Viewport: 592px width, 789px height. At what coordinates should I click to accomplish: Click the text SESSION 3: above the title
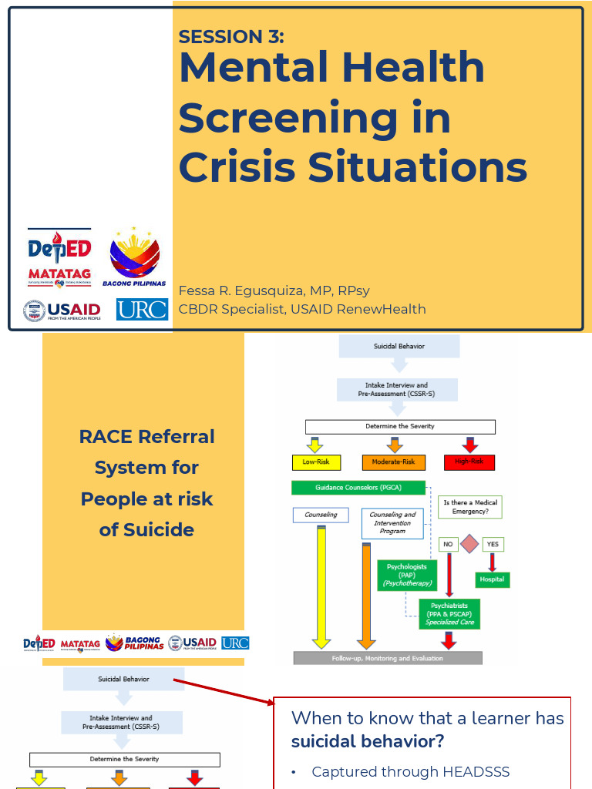pos(231,36)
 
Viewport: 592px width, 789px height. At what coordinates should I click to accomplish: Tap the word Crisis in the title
pos(238,166)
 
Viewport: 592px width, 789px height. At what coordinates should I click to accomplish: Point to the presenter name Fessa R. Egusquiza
pos(242,291)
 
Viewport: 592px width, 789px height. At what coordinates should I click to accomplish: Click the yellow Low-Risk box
pos(316,462)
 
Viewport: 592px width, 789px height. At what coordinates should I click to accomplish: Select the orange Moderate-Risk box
pos(393,462)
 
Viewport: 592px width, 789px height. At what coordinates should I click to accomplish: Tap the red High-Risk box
pos(469,462)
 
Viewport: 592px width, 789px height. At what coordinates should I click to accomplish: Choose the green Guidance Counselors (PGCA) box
pos(358,487)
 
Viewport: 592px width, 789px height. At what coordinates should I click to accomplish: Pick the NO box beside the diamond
pos(447,544)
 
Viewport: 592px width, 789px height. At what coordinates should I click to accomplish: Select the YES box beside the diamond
pos(493,544)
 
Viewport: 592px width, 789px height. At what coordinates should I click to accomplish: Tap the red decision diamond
pos(469,544)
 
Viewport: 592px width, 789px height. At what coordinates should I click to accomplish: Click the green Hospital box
pos(491,579)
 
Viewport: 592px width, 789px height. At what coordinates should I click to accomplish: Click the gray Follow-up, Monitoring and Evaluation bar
pos(388,658)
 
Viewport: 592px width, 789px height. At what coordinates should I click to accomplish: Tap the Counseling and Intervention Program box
pos(392,523)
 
